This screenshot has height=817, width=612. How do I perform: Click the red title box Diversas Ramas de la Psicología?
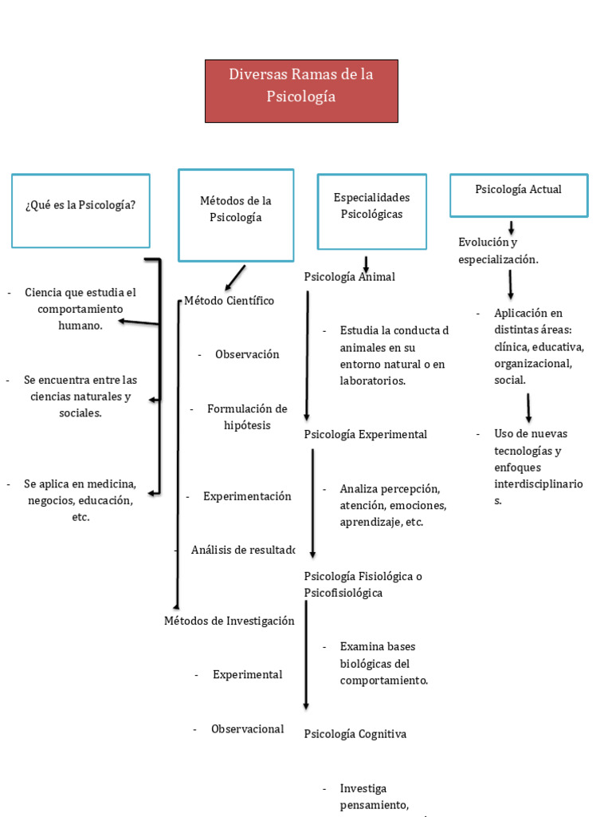[301, 90]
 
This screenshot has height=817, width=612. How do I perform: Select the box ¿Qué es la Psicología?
[80, 211]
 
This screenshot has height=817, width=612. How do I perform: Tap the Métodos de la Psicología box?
[236, 215]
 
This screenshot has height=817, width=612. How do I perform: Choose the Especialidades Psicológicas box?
[371, 211]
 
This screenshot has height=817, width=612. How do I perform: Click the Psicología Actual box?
[518, 195]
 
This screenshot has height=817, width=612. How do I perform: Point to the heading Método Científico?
[229, 301]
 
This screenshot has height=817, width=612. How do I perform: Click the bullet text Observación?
[247, 354]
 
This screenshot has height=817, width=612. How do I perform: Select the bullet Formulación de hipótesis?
[247, 416]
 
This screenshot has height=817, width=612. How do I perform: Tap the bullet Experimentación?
[247, 496]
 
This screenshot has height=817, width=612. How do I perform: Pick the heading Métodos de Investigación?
[229, 621]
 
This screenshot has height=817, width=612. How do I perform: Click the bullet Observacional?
[247, 728]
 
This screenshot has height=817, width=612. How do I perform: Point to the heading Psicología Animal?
[349, 277]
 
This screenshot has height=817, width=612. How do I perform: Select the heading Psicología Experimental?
[365, 434]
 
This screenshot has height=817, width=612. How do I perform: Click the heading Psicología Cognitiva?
[355, 734]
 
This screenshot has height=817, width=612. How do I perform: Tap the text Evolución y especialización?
[498, 251]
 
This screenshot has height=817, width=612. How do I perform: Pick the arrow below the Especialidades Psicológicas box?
[366, 264]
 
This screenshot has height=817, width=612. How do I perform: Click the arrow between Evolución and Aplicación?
[510, 284]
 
